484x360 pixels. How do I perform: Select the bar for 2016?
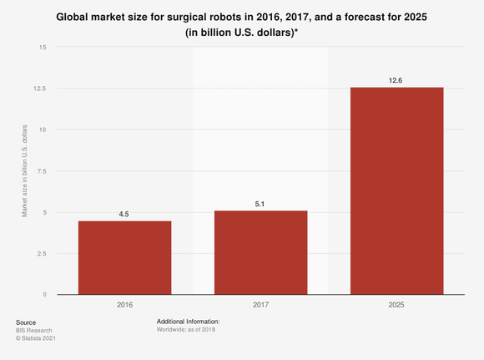point(124,257)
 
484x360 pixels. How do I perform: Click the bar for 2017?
point(260,252)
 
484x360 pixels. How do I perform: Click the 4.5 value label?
point(124,214)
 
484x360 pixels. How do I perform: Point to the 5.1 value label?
point(260,204)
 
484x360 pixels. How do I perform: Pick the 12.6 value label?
point(396,80)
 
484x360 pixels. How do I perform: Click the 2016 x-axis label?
point(124,306)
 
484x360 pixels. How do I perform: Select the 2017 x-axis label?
point(260,306)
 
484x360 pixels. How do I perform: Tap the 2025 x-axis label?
point(396,306)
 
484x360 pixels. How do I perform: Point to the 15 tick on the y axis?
point(43,47)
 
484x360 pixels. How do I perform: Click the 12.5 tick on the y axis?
point(40,88)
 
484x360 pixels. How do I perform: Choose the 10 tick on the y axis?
point(43,129)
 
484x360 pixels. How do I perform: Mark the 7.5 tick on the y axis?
point(42,170)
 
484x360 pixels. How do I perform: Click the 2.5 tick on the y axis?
point(42,253)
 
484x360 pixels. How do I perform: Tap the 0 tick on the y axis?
point(44,294)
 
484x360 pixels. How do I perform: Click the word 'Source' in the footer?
point(26,322)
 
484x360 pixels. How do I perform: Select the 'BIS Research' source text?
point(34,330)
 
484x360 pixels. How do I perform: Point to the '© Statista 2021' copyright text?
point(38,338)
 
